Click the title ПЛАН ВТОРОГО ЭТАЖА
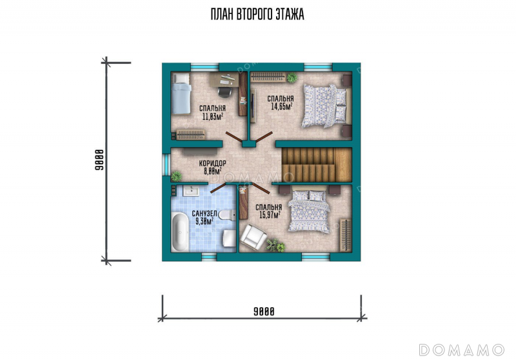[257, 14]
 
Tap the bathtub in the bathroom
[180, 232]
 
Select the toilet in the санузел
[228, 215]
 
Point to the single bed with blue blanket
[181, 94]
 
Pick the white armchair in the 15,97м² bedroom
[253, 235]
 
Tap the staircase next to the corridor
[317, 165]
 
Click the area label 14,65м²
[282, 106]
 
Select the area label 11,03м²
[213, 116]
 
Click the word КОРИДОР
[213, 163]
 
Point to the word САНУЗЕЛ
[204, 214]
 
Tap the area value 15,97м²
[270, 215]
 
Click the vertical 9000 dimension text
[99, 160]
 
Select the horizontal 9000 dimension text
[264, 312]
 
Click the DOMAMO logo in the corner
[461, 350]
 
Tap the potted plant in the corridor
[176, 176]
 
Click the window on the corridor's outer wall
[166, 165]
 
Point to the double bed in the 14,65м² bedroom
[324, 106]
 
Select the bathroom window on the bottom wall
[209, 256]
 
